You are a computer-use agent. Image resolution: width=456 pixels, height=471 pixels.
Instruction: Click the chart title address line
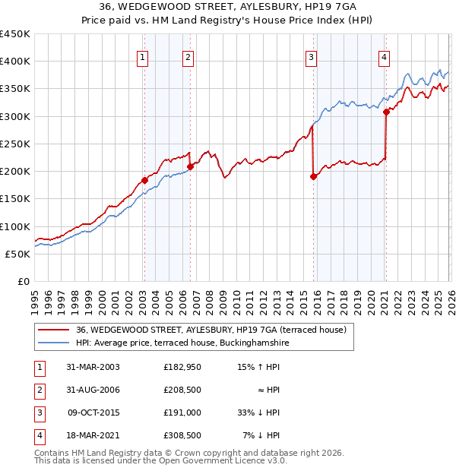tap(227, 6)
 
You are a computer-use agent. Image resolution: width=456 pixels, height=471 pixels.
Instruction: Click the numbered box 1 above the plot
tap(144, 56)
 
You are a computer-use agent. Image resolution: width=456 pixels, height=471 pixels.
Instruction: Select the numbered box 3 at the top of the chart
tap(312, 56)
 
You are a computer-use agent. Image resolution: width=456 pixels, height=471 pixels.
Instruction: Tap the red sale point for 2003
tap(144, 181)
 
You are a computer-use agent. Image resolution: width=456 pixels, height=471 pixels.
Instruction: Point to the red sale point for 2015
tap(313, 176)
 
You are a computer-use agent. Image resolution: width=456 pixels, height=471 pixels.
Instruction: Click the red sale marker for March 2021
tap(386, 112)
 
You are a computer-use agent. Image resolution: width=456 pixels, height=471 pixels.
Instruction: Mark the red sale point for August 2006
tap(190, 166)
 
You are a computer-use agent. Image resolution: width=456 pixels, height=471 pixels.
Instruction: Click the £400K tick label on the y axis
tap(15, 62)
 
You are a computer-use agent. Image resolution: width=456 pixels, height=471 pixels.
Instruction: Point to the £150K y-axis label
tap(15, 198)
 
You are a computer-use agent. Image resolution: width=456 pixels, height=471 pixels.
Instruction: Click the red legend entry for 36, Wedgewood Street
tap(211, 330)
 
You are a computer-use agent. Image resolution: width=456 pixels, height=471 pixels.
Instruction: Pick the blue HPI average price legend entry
tap(182, 343)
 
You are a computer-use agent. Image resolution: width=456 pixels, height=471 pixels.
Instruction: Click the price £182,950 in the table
tap(182, 367)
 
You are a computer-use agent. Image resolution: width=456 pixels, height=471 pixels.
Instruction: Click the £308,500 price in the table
tap(182, 435)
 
